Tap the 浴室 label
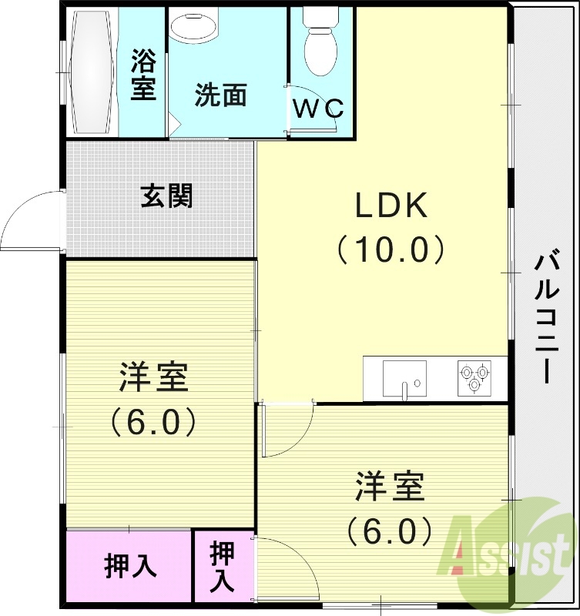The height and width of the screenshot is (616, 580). [x=143, y=74]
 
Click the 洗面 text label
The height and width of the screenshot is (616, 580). [x=221, y=95]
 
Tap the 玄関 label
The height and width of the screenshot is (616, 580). [x=166, y=196]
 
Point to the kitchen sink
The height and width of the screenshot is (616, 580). [x=404, y=377]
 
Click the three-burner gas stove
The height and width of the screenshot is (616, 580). [x=474, y=377]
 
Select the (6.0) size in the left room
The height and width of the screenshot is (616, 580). [x=154, y=421]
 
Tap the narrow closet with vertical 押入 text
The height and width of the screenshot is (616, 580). [x=223, y=566]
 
